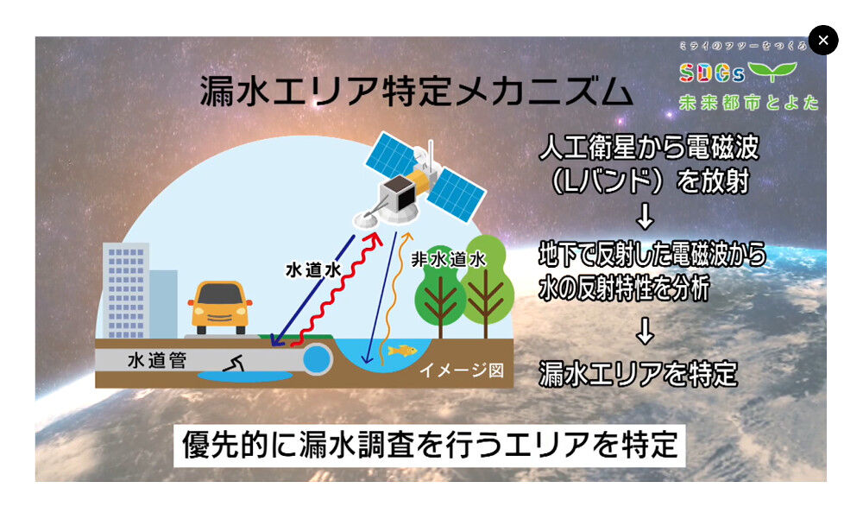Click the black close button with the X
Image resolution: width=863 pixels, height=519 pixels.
coord(823,41)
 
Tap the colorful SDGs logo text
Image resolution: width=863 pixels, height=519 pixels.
coord(712,73)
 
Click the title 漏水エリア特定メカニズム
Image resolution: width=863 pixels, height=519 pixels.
coord(416,91)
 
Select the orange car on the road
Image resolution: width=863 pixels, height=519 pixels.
coord(220,307)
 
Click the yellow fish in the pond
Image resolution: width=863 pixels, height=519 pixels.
coord(402,351)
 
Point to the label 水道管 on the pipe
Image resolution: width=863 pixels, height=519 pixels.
coord(157,361)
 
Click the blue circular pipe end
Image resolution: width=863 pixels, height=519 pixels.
coord(317,359)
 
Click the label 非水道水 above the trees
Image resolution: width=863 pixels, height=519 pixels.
coord(449,259)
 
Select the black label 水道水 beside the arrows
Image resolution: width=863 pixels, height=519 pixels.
coord(313,270)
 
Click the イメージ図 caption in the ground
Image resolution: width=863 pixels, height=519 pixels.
coord(461,370)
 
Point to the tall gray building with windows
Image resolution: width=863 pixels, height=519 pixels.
coord(125,290)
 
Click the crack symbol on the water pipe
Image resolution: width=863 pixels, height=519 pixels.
coord(233,363)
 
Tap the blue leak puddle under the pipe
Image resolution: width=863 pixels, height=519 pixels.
coord(245,377)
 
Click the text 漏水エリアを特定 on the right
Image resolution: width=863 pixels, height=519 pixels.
coord(638,374)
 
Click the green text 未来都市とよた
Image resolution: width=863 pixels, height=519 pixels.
coord(749,103)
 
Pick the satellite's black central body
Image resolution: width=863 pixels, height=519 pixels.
coord(398,194)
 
